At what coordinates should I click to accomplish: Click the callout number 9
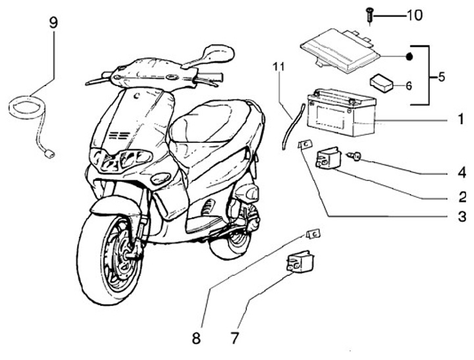coord(53,22)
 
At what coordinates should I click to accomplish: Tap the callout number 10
coord(415,15)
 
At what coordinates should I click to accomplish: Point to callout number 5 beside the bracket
coord(441,77)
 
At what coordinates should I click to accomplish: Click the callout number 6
coord(409,86)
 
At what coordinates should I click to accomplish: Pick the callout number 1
coord(461,118)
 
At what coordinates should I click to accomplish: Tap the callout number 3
coord(462,217)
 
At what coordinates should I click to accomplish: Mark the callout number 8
coord(196,338)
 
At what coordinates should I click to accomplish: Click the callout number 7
coord(234,338)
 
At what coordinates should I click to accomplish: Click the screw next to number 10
coord(370,15)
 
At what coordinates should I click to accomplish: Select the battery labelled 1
coord(342,112)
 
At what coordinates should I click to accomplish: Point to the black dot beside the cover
coord(409,57)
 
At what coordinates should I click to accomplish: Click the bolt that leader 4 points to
coord(355,156)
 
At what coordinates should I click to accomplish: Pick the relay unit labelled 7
coord(300,262)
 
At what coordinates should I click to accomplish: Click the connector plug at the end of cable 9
coord(49,154)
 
